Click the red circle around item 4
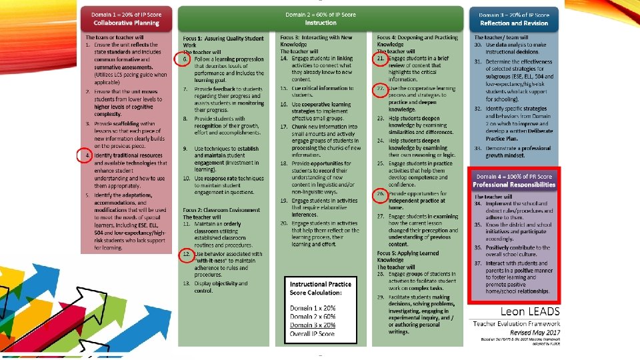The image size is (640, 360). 84,156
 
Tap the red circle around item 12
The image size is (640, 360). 187,255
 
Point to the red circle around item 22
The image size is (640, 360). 380,90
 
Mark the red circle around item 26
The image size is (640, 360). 380,196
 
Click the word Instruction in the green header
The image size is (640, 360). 320,23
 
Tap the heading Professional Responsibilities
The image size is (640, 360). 513,185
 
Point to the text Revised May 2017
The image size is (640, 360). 536,331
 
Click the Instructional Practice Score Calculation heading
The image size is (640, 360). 321,287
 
